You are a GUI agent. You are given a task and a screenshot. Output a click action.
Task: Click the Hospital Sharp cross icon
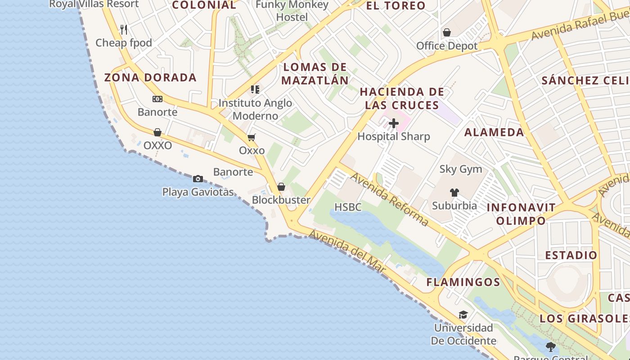pos(394,123)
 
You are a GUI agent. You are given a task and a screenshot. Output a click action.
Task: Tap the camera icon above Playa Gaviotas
pos(198,179)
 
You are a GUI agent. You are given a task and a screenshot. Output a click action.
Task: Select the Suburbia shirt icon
pos(454,193)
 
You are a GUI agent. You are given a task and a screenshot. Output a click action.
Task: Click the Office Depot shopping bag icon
pos(447,32)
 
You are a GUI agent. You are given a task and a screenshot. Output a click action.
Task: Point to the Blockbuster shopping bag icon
pos(281,187)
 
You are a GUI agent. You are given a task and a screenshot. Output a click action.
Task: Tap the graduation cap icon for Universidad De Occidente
pos(463,315)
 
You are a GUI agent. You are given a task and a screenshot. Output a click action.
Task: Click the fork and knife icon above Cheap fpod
pos(124,30)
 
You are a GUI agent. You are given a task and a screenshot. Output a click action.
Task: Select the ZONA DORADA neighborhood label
pos(150,77)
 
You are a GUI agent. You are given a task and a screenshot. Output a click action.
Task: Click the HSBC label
pos(348,207)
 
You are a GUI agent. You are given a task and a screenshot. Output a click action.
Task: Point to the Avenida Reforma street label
pos(390,199)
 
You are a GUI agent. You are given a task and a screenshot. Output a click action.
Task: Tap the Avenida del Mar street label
pos(348,251)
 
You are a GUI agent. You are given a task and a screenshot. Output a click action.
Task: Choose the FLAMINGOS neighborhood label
pos(463,282)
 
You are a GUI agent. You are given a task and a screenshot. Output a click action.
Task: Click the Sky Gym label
pos(460,169)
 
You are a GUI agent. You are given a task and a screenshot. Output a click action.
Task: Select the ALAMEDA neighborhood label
pos(494,132)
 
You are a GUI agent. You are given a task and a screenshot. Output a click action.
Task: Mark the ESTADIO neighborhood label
pos(571,255)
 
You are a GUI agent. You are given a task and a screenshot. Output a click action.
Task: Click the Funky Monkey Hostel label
pos(292,11)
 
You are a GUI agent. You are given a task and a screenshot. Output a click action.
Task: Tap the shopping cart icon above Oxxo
pos(251,137)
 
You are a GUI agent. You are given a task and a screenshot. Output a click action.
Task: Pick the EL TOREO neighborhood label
pos(396,6)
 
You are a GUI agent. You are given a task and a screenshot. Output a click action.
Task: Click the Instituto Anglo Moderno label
pos(255,109)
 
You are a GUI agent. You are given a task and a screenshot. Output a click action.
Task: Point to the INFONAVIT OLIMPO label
pos(521,214)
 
